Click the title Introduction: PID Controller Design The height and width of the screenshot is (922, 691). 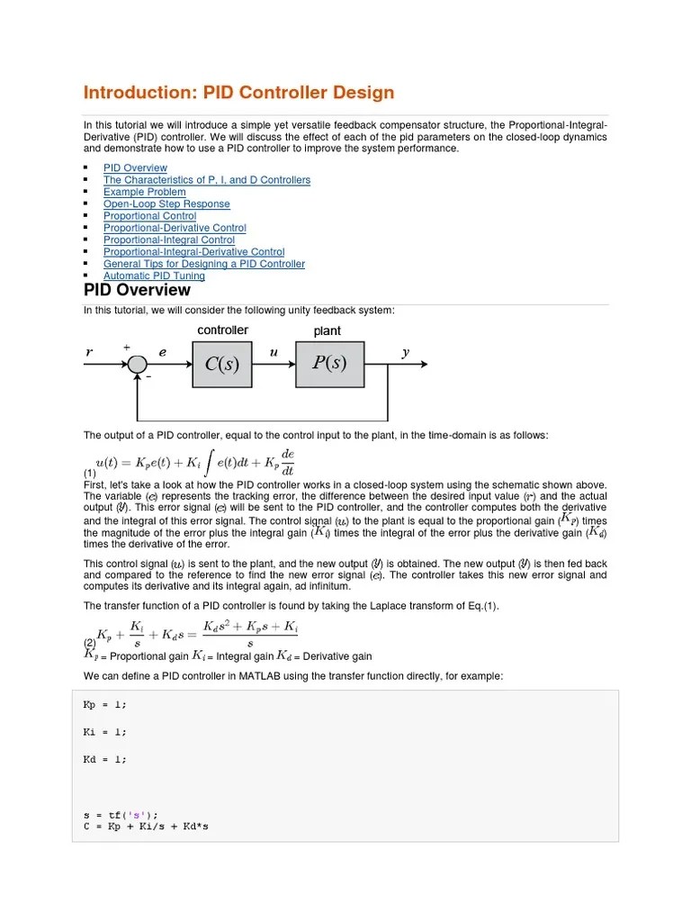(x=238, y=93)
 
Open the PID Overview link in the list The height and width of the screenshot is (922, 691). (x=135, y=168)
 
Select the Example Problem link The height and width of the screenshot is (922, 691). (x=144, y=192)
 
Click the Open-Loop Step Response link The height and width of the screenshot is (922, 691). (x=166, y=204)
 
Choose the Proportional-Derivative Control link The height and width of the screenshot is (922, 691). (x=175, y=229)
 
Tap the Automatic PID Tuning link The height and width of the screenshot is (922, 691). (x=154, y=276)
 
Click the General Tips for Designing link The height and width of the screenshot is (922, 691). (x=203, y=265)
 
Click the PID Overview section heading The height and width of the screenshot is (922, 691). (x=137, y=291)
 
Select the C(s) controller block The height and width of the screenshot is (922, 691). (x=222, y=364)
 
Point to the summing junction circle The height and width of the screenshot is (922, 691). (x=137, y=364)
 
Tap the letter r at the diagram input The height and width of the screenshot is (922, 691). (x=89, y=353)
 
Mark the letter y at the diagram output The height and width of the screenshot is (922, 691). (x=406, y=353)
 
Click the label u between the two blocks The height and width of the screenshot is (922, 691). (x=274, y=353)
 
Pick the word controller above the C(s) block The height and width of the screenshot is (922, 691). (x=222, y=330)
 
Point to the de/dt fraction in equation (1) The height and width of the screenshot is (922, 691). (x=287, y=461)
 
